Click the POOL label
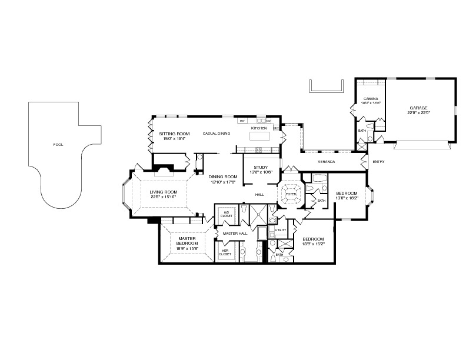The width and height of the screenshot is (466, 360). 58,144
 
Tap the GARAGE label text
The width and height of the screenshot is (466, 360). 418,108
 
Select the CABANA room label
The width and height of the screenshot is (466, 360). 370,99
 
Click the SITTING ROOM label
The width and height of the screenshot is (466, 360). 174,134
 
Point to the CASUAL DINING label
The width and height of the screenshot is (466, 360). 216,134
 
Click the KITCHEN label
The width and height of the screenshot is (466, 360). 259,128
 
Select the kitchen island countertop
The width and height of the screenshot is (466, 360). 259,136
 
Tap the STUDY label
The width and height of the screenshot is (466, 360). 260,168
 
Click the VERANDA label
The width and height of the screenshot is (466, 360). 327,161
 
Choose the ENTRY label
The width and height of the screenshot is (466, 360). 378,162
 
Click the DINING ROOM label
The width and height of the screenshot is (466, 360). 222,177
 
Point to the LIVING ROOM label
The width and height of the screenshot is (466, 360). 163,192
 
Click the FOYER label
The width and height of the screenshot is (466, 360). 291,194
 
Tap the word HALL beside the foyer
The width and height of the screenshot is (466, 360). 259,194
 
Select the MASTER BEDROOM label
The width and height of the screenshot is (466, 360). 187,241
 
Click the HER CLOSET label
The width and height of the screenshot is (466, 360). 225,252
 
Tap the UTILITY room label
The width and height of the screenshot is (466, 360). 280,230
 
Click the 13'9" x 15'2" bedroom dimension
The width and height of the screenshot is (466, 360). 313,244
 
